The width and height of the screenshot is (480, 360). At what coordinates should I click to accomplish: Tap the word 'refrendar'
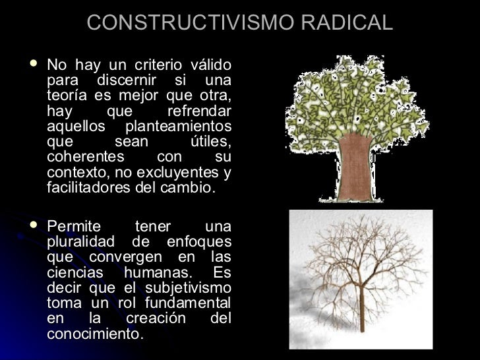199,111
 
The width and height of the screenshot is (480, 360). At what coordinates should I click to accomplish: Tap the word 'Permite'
75,227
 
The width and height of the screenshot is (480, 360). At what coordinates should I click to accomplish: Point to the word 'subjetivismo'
187,288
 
